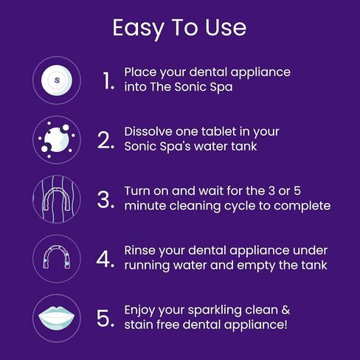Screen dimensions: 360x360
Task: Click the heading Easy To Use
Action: point(179,27)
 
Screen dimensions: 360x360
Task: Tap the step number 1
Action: point(108,80)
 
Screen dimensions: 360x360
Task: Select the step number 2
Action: point(106,139)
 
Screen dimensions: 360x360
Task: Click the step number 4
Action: point(106,258)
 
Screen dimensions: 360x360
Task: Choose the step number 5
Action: point(106,318)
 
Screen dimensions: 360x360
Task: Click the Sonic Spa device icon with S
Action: point(57,79)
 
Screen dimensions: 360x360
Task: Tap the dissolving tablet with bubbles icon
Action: point(57,139)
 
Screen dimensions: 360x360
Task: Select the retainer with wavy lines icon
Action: point(57,198)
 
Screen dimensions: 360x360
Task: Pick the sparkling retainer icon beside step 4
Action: point(57,258)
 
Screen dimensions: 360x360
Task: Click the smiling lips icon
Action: point(57,318)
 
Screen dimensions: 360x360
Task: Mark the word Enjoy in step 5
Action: point(142,311)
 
